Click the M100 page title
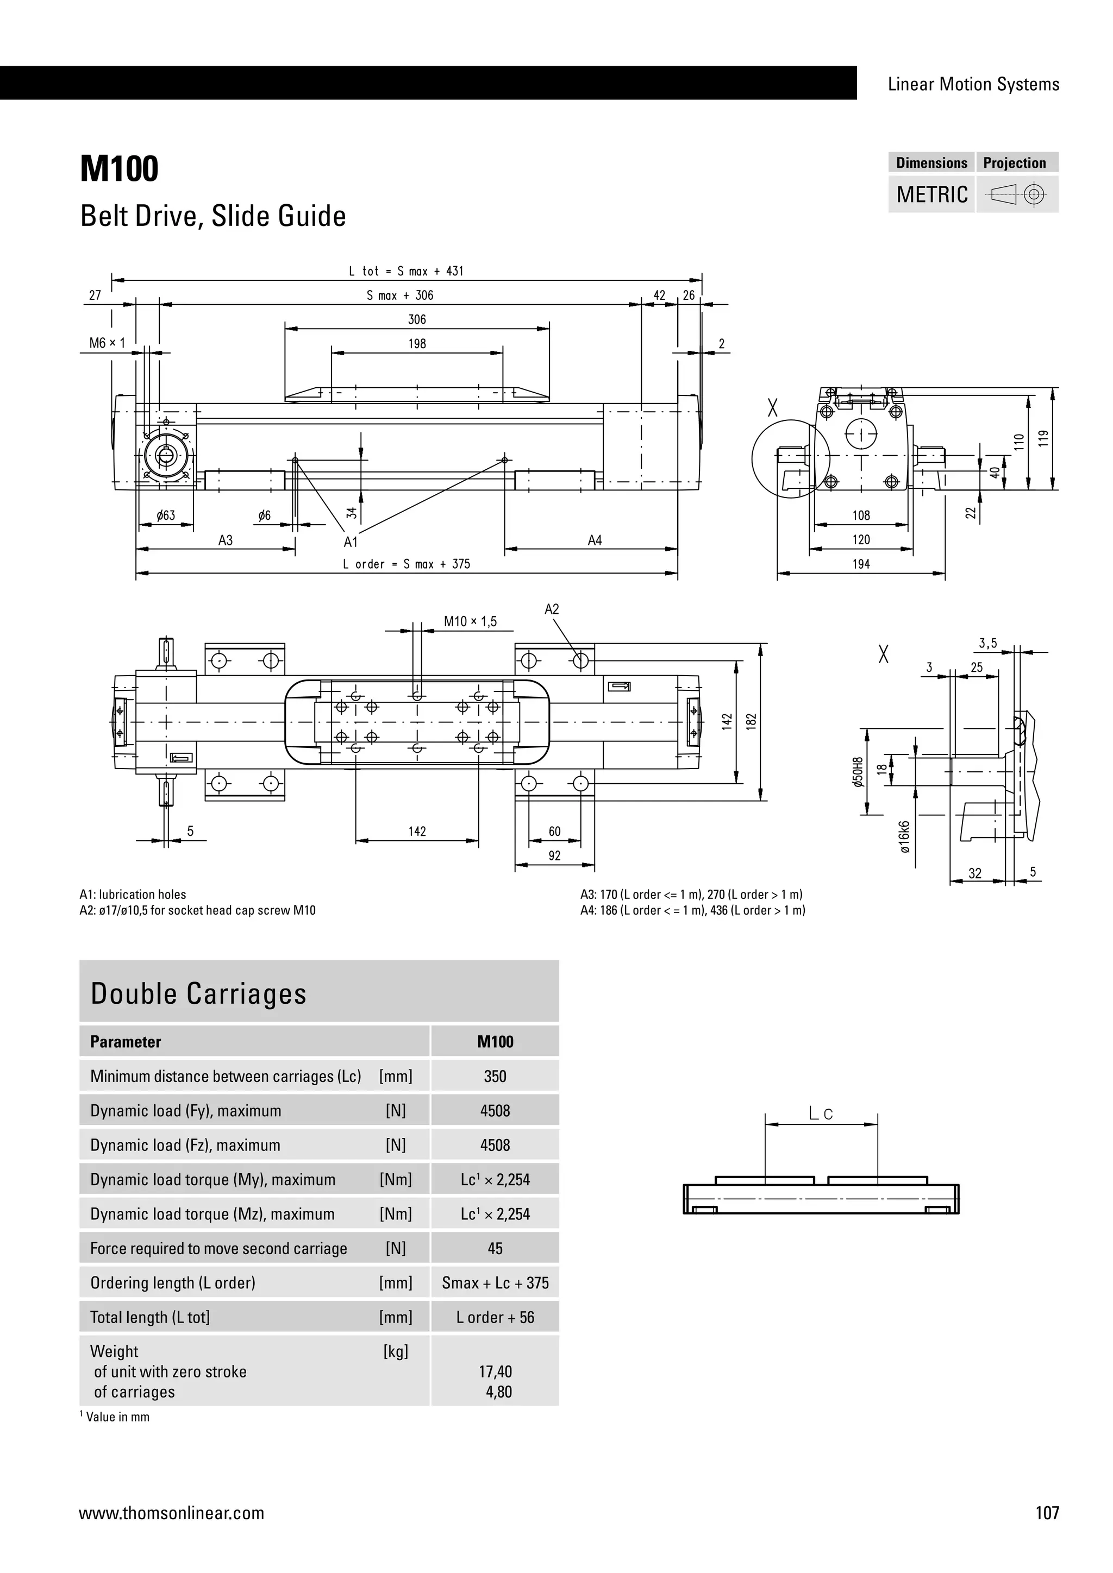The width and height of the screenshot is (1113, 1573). [x=119, y=168]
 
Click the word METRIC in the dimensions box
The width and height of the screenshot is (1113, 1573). [x=932, y=194]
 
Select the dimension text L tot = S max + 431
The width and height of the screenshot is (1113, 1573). [x=407, y=271]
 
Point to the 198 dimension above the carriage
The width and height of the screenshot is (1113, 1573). [x=417, y=344]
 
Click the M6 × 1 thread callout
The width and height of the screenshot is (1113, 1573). [x=107, y=343]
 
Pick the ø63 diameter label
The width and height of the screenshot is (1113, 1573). [x=165, y=515]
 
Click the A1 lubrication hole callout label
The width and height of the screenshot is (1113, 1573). [x=351, y=542]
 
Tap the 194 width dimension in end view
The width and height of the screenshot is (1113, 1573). [x=861, y=564]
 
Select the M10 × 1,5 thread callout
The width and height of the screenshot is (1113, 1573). [x=470, y=621]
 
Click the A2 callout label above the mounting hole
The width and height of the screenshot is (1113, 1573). [x=552, y=609]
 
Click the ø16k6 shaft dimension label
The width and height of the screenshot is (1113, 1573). [x=905, y=836]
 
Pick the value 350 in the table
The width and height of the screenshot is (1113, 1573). [x=495, y=1077]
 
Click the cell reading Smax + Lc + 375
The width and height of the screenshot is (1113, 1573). [x=495, y=1282]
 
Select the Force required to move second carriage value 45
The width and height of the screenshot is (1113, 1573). [x=495, y=1248]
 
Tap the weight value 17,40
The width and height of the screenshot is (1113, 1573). [x=495, y=1371]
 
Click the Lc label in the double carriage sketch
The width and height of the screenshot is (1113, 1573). [x=821, y=1114]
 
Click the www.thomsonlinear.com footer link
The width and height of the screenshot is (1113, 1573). [x=171, y=1513]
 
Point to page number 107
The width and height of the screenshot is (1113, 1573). [x=1047, y=1513]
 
